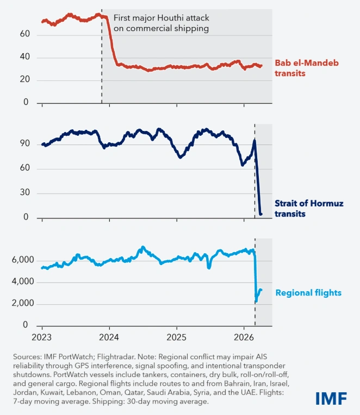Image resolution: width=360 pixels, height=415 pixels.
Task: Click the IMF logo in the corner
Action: click(331, 397)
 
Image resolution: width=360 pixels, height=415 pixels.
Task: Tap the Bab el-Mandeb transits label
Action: click(299, 68)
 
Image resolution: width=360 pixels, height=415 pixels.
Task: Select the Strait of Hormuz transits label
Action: click(301, 209)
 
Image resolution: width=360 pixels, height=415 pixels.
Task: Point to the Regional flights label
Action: click(308, 293)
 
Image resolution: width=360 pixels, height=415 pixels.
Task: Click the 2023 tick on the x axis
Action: click(42, 336)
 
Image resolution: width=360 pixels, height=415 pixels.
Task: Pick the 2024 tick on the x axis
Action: click(109, 336)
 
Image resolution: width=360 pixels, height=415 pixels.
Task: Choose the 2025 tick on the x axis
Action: click(176, 336)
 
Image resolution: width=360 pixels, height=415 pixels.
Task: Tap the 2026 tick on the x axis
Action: click(243, 336)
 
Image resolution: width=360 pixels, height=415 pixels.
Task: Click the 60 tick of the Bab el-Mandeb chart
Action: click(24, 35)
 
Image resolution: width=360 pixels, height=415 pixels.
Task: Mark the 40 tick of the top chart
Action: click(24, 58)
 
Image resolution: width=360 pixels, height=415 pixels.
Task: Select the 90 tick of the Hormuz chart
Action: click(24, 144)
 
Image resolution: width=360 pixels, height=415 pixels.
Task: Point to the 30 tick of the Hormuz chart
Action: click(24, 193)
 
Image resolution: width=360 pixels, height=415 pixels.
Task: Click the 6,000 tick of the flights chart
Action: click(21, 261)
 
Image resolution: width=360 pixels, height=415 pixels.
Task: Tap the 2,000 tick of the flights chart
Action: click(21, 304)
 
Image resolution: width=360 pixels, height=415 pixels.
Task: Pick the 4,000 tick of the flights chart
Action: click(21, 282)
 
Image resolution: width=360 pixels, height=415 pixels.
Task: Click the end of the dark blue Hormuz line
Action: click(261, 214)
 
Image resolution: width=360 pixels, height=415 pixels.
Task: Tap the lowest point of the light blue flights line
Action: click(256, 300)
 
